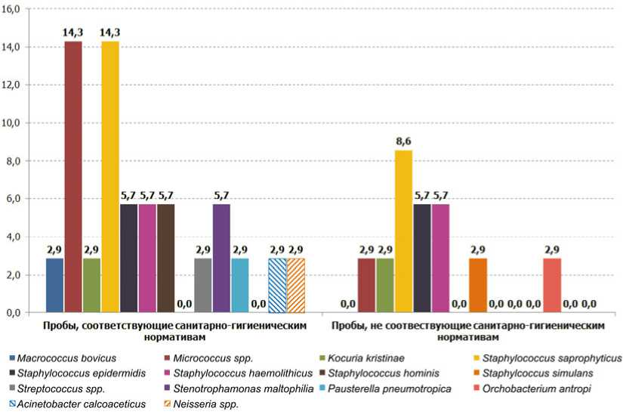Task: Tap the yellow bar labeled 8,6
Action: click(x=403, y=231)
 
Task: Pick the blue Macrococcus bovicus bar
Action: click(x=54, y=285)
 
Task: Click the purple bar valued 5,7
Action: click(x=221, y=258)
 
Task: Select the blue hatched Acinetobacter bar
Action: click(x=277, y=285)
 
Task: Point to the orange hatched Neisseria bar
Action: click(x=295, y=285)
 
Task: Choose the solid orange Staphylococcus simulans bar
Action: click(x=477, y=285)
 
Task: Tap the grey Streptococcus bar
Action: click(x=203, y=285)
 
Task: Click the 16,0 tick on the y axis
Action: click(x=15, y=9)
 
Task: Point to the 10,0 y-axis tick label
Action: click(x=15, y=123)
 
